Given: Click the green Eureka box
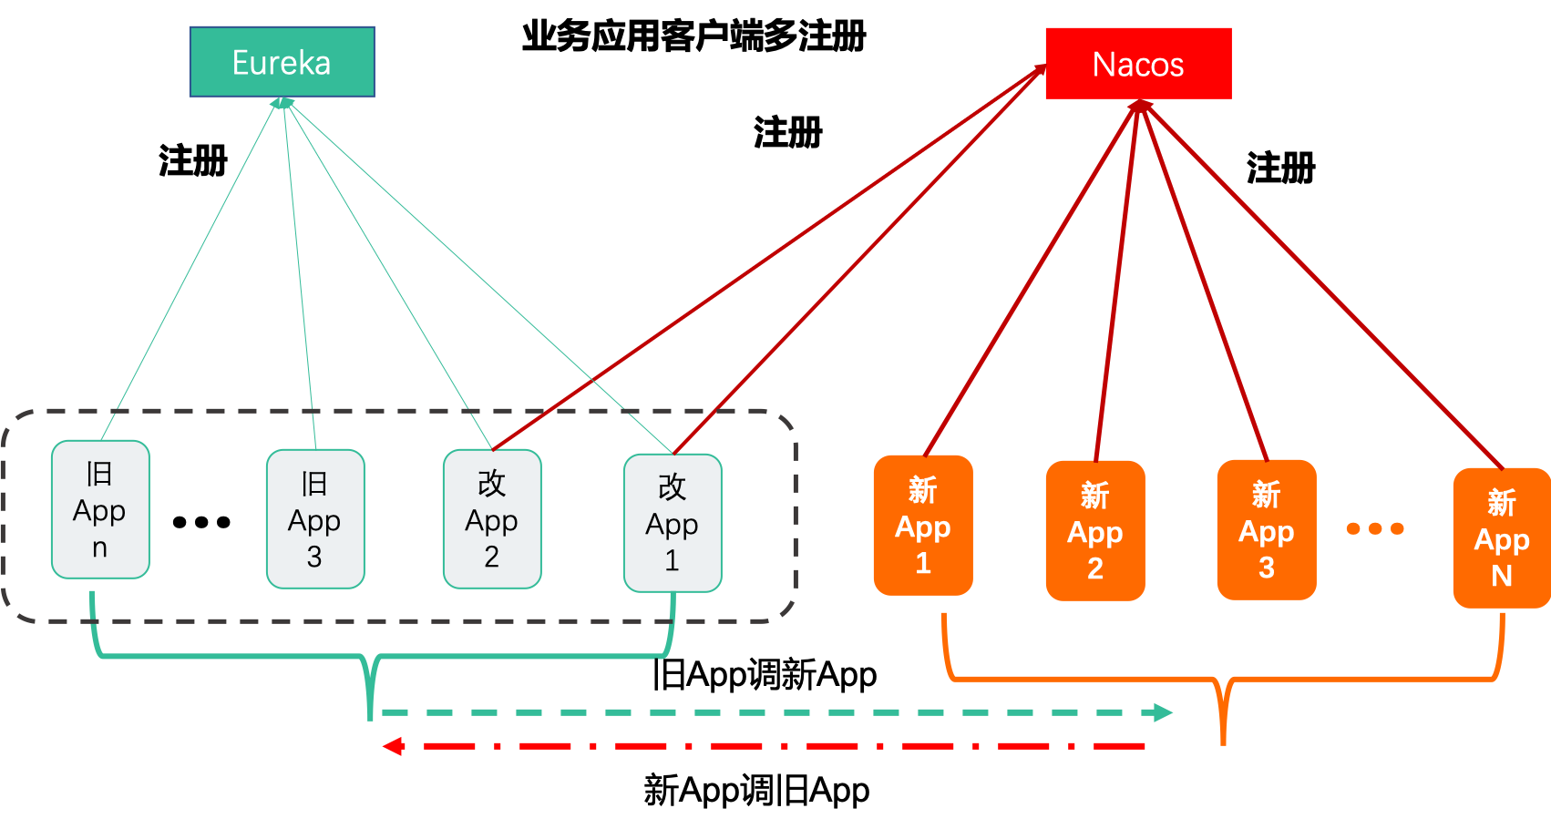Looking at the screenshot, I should (282, 62).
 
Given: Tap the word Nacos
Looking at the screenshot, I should (1137, 65).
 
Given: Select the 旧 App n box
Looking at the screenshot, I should (99, 510).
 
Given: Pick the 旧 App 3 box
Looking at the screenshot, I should (314, 519).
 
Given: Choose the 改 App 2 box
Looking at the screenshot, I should (491, 519).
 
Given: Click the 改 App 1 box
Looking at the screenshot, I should (672, 523).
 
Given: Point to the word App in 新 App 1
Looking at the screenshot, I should (922, 527).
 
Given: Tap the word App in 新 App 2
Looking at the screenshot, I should (1094, 532).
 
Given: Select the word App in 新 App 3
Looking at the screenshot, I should (1266, 531).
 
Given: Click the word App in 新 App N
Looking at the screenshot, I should (1501, 540).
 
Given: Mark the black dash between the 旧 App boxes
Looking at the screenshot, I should (219, 522).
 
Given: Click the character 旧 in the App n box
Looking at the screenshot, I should (99, 474).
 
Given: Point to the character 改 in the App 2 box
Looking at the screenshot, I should (491, 484).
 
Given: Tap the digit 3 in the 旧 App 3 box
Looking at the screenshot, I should (314, 557).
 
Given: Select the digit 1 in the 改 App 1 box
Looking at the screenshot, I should (672, 560).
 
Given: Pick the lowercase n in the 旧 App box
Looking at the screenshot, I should (99, 548).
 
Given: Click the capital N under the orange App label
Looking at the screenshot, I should (1501, 576).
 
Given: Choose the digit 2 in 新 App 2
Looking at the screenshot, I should (1094, 568).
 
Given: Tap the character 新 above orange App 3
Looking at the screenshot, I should (1266, 495).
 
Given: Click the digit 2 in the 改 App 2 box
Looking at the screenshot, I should (491, 557).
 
